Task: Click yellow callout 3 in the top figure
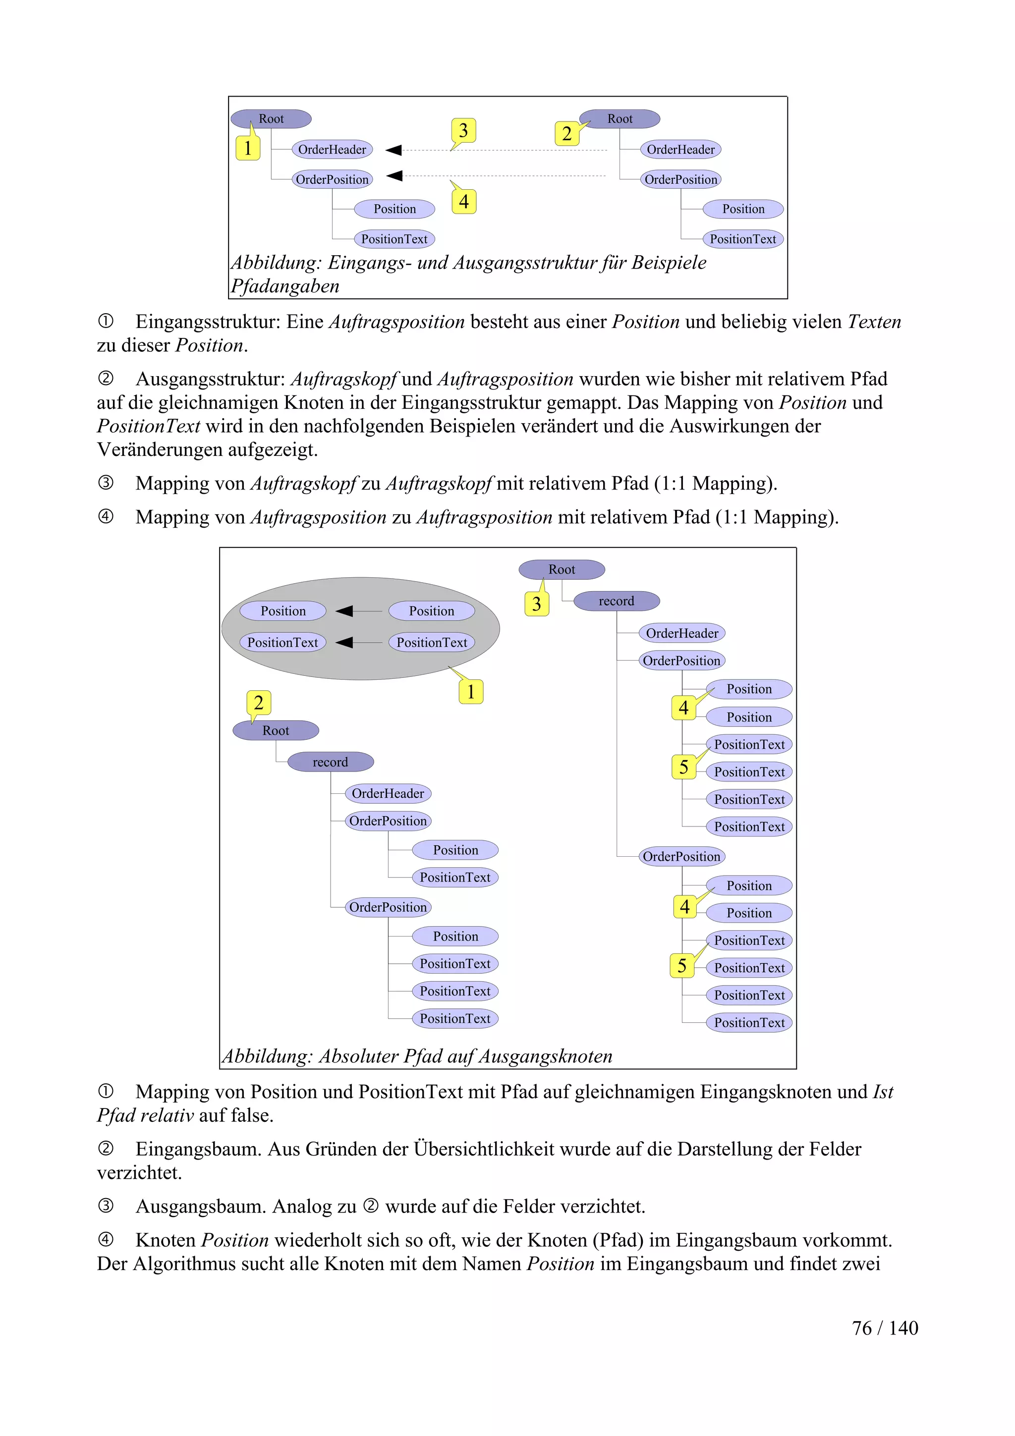(x=463, y=131)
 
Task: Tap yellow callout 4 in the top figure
(x=463, y=201)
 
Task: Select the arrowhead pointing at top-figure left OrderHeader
(x=394, y=150)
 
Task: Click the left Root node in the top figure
(x=271, y=119)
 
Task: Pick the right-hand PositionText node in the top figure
(x=743, y=239)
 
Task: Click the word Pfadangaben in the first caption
(x=285, y=286)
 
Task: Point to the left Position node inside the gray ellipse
(x=283, y=611)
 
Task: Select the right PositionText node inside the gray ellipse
(x=432, y=642)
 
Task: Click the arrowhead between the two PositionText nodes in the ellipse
(x=344, y=642)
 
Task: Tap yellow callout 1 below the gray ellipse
(x=471, y=692)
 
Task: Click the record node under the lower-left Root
(x=330, y=762)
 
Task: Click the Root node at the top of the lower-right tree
(x=562, y=570)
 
